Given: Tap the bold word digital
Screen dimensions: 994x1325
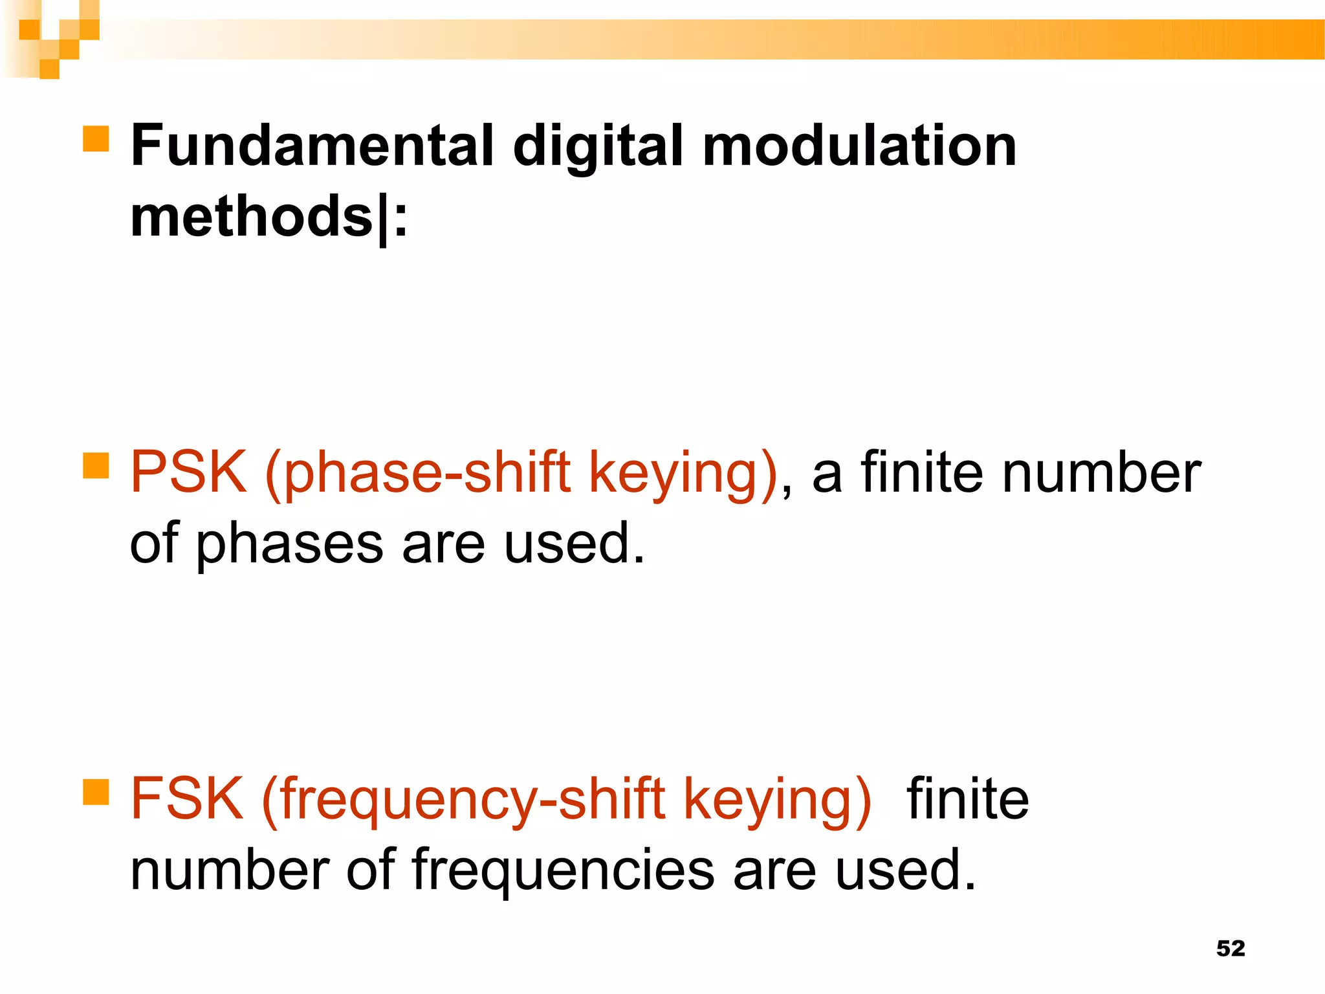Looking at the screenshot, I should (598, 148).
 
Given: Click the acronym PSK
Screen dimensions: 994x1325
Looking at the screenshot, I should (188, 472).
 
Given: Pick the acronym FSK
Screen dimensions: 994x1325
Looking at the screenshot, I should (187, 799).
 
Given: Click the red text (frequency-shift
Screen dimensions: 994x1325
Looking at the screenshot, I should (463, 800).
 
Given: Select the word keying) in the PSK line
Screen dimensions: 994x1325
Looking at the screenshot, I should (683, 475).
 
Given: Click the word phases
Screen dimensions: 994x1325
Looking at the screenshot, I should (289, 545).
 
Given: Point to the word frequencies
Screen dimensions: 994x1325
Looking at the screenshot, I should (563, 872).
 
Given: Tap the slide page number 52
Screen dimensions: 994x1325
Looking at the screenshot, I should (1231, 948).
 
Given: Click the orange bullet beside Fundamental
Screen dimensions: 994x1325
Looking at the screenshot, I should (96, 138).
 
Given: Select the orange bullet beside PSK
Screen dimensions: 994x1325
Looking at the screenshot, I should (96, 465).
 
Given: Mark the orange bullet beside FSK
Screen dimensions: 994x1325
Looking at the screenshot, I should (96, 791).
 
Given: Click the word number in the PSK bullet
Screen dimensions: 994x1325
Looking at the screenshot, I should (1101, 472).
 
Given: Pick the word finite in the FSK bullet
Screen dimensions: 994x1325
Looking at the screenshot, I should (967, 799).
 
